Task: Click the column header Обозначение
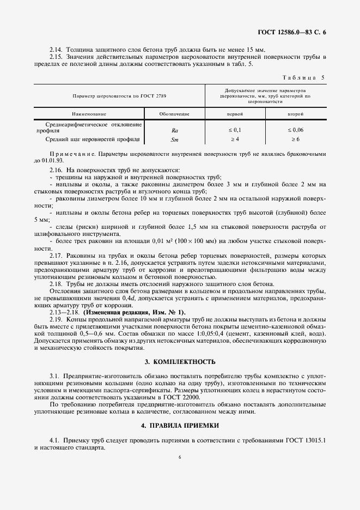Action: [174, 114]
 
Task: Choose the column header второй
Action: [296, 114]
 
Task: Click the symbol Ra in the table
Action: [175, 131]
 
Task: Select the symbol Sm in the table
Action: [175, 140]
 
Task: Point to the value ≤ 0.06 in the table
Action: [296, 131]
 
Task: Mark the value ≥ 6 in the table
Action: [296, 140]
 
